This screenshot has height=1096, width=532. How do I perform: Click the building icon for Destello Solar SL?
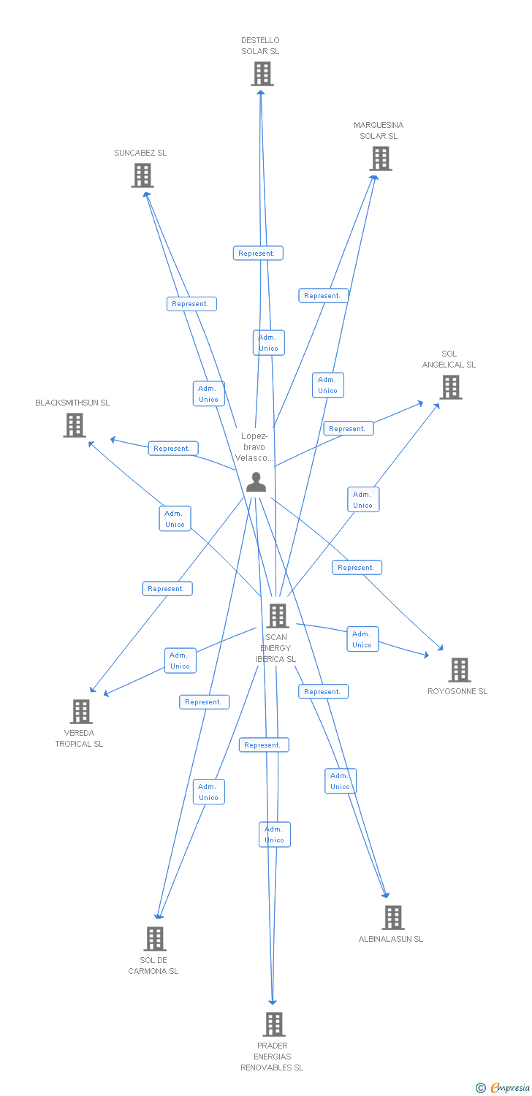coord(262,74)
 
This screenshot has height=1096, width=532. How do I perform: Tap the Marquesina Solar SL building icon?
coord(380,159)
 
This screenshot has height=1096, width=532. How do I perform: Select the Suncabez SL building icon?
coord(142,175)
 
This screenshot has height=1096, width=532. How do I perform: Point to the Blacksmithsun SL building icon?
coord(75,425)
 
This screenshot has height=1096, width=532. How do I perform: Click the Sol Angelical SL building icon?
coord(451,387)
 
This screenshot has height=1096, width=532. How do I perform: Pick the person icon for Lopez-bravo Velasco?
coord(256,482)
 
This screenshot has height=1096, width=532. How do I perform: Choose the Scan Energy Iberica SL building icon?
coord(278,616)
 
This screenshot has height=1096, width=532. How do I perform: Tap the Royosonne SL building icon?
coord(459,669)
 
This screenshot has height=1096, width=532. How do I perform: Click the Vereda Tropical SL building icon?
coord(81,711)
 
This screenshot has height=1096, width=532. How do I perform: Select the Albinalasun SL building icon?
coord(393,918)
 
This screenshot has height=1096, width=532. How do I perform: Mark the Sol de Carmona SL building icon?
coord(155,939)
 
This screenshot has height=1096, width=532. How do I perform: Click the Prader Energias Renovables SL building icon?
coord(274,1024)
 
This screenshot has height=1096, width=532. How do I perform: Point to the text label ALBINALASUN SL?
coord(391,939)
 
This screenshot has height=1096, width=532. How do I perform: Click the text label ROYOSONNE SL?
coord(457,691)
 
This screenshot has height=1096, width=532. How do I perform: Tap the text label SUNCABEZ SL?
coord(140,153)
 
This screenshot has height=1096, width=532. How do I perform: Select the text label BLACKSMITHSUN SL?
coord(72,403)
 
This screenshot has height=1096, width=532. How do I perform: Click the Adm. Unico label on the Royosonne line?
coord(362,639)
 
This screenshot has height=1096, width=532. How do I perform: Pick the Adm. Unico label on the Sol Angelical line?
coord(363,500)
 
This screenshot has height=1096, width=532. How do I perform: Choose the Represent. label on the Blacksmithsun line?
coord(172,449)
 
